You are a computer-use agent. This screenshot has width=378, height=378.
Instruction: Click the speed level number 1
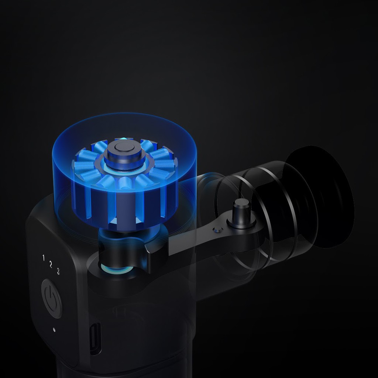point(44,258)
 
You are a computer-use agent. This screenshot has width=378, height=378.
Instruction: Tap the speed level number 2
point(51,264)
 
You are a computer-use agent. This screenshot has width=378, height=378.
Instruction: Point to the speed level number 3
point(58,271)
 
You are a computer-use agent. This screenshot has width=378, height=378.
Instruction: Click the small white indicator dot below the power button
point(54,330)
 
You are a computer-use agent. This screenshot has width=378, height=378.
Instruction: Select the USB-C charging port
point(95,339)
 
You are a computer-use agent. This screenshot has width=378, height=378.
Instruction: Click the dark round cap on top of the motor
point(125,152)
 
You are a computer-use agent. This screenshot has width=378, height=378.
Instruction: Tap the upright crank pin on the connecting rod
point(241,213)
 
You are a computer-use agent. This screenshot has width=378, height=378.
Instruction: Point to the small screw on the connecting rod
point(218,230)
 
